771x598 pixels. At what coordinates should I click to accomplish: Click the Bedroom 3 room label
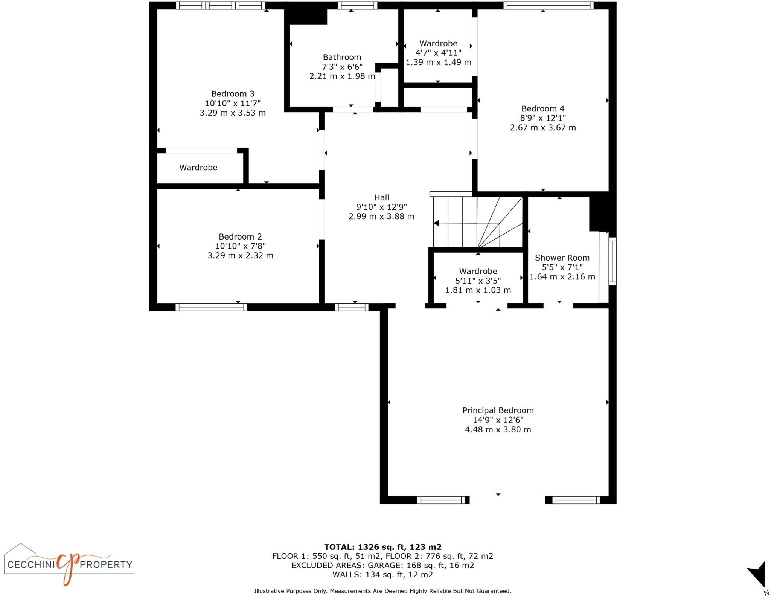(x=233, y=94)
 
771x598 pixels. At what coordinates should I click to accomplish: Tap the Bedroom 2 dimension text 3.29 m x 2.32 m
(x=240, y=256)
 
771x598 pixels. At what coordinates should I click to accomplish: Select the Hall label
(x=381, y=197)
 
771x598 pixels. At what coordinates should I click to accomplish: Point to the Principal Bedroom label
(x=498, y=410)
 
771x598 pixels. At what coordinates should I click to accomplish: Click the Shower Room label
(x=562, y=258)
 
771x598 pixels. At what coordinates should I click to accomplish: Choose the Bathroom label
(x=342, y=57)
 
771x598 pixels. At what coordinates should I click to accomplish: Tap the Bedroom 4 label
(x=542, y=109)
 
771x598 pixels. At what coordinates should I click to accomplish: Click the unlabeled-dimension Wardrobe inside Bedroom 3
(x=198, y=168)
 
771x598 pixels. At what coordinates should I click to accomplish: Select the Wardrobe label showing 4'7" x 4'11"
(x=438, y=44)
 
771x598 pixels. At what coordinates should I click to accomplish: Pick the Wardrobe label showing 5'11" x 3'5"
(x=478, y=271)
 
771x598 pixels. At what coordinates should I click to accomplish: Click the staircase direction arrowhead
(x=436, y=223)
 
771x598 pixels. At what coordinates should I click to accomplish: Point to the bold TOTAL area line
(x=382, y=547)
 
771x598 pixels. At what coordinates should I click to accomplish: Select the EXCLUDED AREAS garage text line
(x=382, y=565)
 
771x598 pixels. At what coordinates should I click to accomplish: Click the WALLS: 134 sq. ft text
(x=382, y=575)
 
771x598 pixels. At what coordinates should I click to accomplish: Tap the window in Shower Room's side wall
(x=613, y=261)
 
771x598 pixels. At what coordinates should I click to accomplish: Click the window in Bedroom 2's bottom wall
(x=211, y=307)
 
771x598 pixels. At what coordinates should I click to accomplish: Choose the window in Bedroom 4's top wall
(x=548, y=5)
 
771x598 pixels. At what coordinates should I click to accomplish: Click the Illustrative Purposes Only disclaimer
(x=382, y=591)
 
